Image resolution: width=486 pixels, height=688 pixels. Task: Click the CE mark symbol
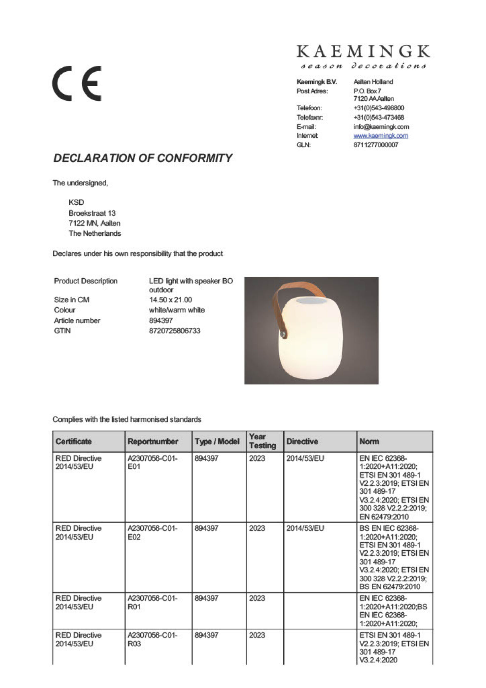pos(77,83)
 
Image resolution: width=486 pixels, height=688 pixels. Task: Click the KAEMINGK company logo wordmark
pos(363,51)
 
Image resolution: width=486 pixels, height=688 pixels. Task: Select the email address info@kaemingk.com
pos(381,127)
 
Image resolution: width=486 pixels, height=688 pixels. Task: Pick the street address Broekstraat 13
pos(92,213)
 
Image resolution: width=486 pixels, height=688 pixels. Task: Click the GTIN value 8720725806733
pos(175,331)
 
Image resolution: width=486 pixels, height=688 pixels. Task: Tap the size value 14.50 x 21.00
pos(170,300)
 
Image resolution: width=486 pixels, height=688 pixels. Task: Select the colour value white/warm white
pos(177,310)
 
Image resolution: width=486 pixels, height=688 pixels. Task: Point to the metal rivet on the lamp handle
pos(283,334)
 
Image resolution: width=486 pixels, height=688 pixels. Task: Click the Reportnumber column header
pos(153,441)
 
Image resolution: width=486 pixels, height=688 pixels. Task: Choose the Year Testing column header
pos(262,441)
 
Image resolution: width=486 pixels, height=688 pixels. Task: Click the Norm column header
pos(369,441)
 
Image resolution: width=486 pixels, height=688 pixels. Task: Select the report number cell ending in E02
pos(152,532)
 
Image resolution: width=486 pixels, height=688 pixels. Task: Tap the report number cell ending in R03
pos(152,639)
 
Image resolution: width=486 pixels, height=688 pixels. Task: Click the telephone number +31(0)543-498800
pos(378,108)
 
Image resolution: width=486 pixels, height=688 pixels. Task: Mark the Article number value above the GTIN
pos(161,321)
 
